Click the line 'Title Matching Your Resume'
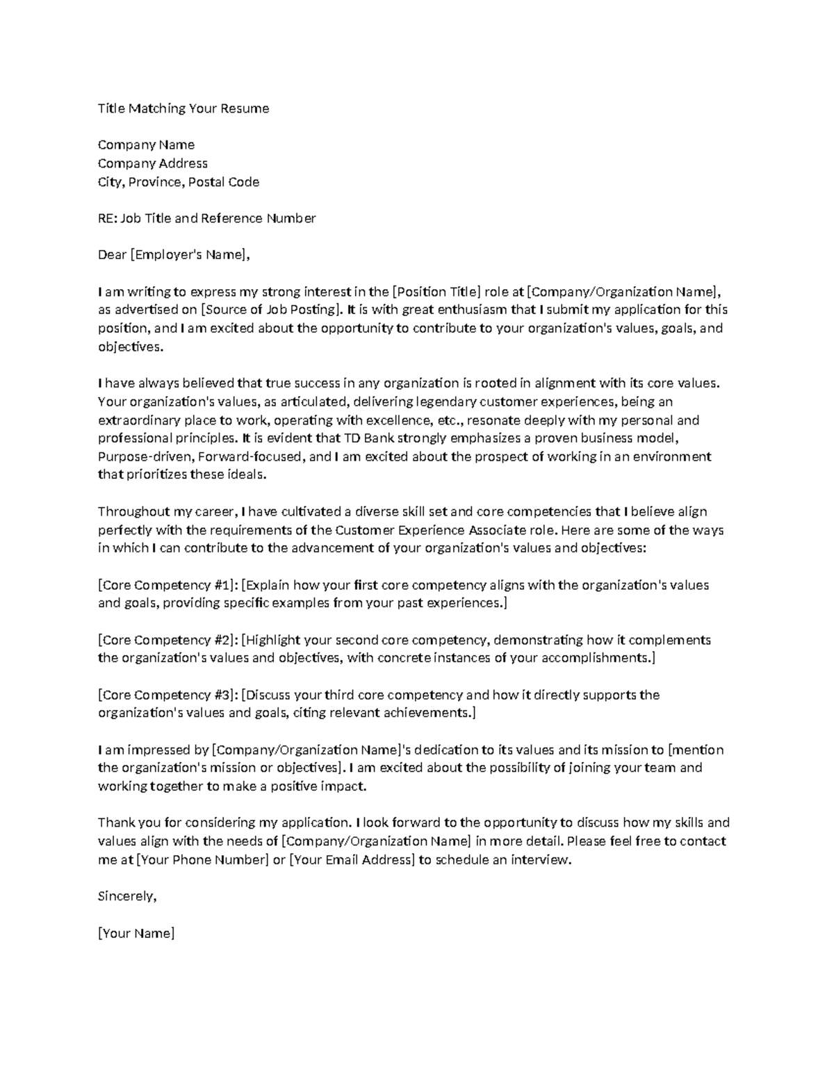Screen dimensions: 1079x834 183,108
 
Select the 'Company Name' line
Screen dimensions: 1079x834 146,145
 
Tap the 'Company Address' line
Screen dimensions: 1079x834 152,163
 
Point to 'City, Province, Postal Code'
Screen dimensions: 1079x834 178,182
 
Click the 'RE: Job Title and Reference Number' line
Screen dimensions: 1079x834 206,218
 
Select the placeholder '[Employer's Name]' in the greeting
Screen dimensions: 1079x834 188,255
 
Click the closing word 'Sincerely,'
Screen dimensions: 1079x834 127,896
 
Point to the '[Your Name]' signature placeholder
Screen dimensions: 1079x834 136,933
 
